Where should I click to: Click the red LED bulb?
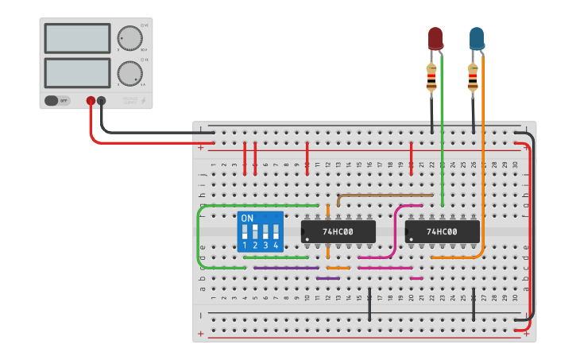point(435,37)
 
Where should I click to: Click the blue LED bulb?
point(476,37)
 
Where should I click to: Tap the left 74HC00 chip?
point(338,231)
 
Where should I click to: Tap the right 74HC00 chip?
point(442,231)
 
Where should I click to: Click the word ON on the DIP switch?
point(247,218)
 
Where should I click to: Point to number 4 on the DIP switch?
point(276,246)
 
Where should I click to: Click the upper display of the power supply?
point(78,38)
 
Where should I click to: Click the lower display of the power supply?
point(78,72)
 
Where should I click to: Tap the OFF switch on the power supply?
point(57,101)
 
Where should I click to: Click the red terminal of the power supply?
point(91,101)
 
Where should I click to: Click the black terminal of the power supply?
point(101,101)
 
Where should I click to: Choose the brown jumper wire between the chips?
point(385,194)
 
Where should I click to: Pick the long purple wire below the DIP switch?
point(286,268)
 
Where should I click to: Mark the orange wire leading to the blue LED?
point(483,159)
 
